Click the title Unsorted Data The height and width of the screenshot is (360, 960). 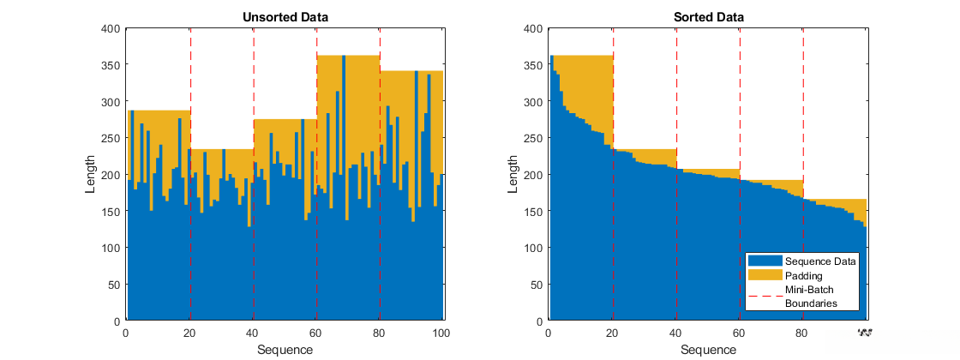(x=285, y=16)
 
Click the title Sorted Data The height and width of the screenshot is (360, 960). (x=708, y=16)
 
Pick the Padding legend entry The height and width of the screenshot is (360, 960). (x=803, y=276)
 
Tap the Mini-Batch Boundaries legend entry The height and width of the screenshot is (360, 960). (x=810, y=297)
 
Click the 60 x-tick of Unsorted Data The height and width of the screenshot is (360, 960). (x=316, y=333)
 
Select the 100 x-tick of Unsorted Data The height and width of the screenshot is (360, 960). (x=442, y=333)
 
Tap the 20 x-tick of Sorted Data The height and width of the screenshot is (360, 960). (x=612, y=333)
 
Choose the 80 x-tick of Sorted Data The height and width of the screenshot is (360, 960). (x=802, y=333)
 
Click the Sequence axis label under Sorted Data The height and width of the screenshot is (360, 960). (x=708, y=350)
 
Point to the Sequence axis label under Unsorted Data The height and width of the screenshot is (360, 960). (x=285, y=350)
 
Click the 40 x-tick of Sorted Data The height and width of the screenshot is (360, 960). (x=675, y=333)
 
